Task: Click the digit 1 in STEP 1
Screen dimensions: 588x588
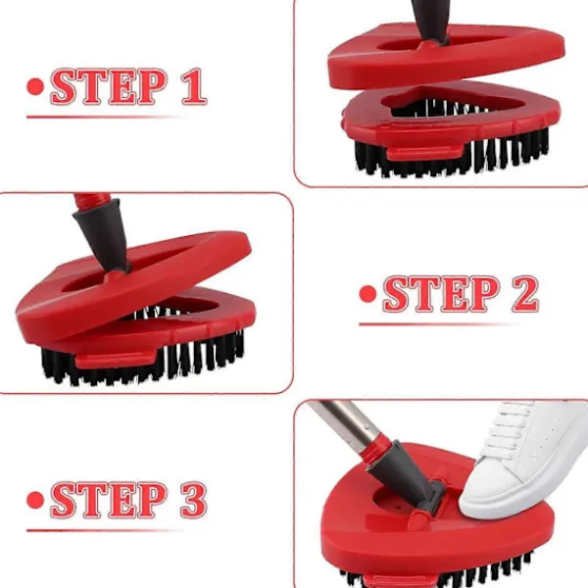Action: tap(194, 86)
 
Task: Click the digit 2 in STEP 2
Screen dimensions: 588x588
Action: tap(525, 294)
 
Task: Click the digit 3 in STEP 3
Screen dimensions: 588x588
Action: tap(193, 500)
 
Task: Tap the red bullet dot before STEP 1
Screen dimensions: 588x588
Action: tap(35, 86)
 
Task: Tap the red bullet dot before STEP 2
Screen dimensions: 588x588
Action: tap(367, 294)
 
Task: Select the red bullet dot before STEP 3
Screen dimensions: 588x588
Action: tap(35, 500)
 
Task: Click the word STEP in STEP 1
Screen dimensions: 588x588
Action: tap(109, 86)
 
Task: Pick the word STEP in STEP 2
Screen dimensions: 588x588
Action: tap(441, 294)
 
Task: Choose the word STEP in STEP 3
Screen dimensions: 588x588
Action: tap(109, 500)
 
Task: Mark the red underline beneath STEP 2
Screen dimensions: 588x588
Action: tap(439, 324)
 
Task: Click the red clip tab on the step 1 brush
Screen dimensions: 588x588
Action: tap(424, 152)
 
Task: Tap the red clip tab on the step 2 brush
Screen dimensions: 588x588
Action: tap(116, 361)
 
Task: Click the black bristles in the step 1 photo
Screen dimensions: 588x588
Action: tap(450, 158)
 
